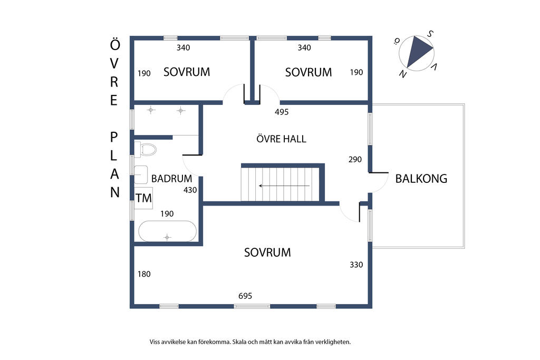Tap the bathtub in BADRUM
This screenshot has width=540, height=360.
coord(167,231)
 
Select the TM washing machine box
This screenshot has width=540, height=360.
coord(143,198)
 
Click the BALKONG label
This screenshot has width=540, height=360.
coord(421,179)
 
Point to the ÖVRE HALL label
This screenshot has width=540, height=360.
coord(282,139)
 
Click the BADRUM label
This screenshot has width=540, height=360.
coord(171,179)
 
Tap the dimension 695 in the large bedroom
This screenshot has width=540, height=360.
coord(245,296)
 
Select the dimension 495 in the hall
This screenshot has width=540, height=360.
coord(282,112)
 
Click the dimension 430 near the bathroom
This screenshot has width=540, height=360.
coord(190,190)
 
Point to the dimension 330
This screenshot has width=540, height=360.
coord(356,265)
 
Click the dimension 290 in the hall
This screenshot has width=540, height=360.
coord(355,159)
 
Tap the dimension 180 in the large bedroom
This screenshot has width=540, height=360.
coord(144,274)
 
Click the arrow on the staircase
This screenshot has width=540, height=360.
coord(284,186)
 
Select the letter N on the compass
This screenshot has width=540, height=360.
coord(402,74)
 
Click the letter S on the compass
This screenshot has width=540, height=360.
coord(430,34)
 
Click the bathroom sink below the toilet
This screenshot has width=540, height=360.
coord(141,174)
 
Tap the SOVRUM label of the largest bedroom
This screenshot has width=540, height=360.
coord(267,252)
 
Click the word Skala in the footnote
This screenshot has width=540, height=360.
coord(240,342)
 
